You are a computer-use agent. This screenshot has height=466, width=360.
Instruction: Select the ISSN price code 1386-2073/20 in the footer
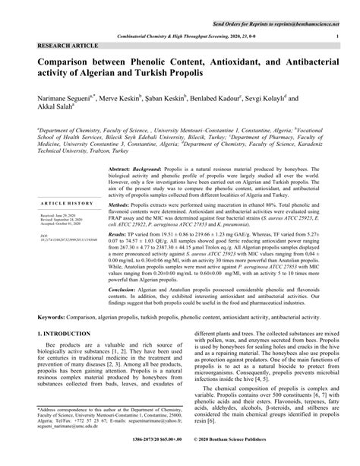[x=138, y=460]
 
